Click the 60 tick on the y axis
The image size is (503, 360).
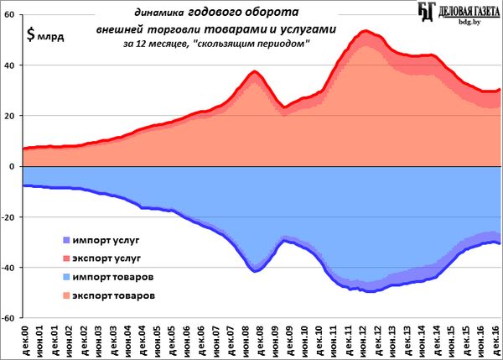(12, 16)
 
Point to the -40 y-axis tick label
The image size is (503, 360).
(9, 268)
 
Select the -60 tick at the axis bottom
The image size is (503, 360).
(9, 318)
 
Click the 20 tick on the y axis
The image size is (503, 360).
(12, 117)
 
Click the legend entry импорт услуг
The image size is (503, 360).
(104, 239)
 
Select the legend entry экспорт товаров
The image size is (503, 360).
(114, 295)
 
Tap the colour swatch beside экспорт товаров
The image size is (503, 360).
(65, 295)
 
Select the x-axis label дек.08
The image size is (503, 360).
(262, 342)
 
